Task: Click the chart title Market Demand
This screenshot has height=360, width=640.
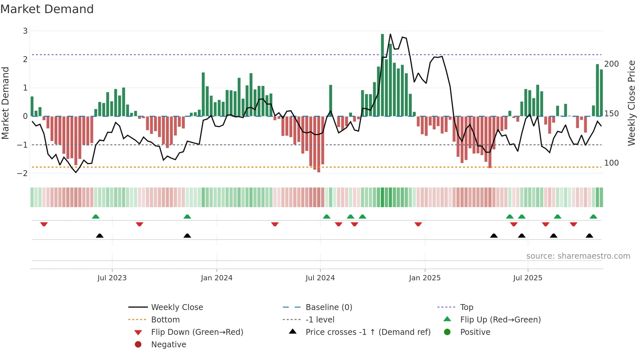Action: tap(47, 9)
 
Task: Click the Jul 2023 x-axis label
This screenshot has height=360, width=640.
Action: tap(112, 278)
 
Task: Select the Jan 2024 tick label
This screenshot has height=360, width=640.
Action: tap(216, 278)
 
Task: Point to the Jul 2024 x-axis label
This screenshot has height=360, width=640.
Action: tap(320, 278)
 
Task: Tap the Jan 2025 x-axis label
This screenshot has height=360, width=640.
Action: tap(424, 278)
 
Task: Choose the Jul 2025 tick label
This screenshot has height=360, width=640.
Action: tap(527, 278)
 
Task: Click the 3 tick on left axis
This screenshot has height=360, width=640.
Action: tap(25, 31)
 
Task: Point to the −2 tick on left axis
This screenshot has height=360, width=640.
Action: tap(23, 173)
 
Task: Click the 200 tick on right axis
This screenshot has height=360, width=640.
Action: tap(611, 64)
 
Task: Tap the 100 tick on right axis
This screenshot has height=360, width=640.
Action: tap(611, 163)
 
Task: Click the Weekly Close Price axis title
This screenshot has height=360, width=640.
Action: tap(632, 103)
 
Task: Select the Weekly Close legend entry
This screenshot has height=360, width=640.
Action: tap(177, 307)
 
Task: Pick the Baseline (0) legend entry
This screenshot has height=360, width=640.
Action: tap(328, 307)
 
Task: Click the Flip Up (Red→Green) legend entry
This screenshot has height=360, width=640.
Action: tap(500, 320)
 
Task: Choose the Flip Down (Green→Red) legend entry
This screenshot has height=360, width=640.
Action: tap(197, 332)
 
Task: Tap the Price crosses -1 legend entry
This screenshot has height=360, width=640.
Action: tap(368, 332)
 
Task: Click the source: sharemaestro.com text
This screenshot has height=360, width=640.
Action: tap(578, 256)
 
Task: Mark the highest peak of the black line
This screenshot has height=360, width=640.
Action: tap(390, 34)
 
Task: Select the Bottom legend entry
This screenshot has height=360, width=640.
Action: tap(165, 320)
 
